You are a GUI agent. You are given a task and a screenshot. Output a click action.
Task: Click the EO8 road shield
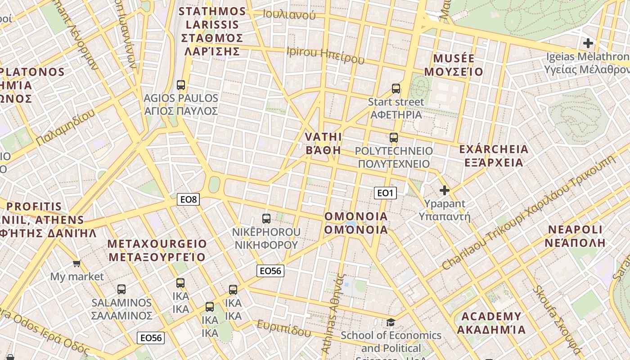coord(188,199)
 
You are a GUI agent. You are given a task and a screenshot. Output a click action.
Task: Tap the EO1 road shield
coord(385,193)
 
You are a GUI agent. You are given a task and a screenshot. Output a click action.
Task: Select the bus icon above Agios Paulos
coord(181,85)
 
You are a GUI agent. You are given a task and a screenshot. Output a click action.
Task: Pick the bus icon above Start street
coord(396,88)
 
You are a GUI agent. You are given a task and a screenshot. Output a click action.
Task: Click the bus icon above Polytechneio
coord(394,137)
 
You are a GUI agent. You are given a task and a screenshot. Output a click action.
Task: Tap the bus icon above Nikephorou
coord(266,219)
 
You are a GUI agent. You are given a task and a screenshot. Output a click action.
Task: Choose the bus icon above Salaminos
coord(121,289)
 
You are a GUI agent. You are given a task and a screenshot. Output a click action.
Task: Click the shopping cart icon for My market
coord(76,263)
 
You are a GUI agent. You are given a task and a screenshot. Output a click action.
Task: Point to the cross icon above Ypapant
coord(445,190)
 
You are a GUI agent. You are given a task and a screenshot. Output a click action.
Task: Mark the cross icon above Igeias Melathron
coord(588,43)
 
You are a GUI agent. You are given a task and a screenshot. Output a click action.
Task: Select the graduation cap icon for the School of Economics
coord(391,322)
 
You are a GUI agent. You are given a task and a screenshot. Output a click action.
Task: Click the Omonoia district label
coord(356,223)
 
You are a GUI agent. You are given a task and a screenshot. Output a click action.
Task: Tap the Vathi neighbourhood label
coord(323,144)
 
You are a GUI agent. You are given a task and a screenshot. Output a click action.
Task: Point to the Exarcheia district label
coord(494,156)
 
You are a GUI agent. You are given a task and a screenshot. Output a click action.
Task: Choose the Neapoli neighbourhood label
coord(575,236)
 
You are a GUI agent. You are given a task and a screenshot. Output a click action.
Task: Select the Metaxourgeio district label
coord(157,251)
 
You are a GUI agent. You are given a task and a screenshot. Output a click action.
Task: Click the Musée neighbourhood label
coord(454,65)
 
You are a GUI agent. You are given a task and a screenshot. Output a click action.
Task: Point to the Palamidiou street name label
coord(65,127)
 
